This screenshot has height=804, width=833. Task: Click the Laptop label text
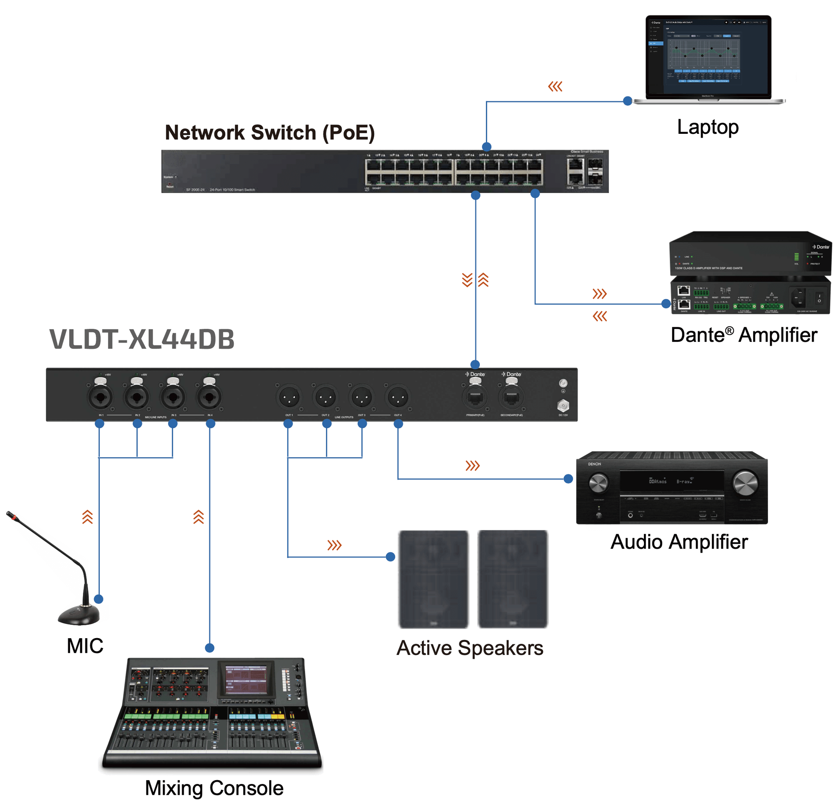click(x=708, y=127)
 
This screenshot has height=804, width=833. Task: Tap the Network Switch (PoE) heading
click(x=269, y=133)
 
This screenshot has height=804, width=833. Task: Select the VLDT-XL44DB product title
click(x=142, y=339)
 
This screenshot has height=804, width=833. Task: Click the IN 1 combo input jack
click(x=100, y=398)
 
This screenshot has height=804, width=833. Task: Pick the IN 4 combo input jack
click(x=209, y=398)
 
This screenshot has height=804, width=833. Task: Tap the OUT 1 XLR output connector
click(x=289, y=398)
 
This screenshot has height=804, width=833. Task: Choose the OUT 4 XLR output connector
click(x=398, y=398)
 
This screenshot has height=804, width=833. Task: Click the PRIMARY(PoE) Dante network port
click(x=475, y=397)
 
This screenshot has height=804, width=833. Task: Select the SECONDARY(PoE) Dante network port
click(x=512, y=397)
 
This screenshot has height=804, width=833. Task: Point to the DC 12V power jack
click(x=563, y=405)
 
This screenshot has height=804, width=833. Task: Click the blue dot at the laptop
click(x=627, y=101)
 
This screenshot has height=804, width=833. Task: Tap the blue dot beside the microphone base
click(x=99, y=599)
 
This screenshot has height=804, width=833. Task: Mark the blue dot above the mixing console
click(x=209, y=648)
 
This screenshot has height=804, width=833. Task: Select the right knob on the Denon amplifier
click(x=745, y=483)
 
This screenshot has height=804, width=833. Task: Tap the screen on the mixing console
click(x=246, y=679)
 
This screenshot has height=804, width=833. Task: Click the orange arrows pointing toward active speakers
click(x=334, y=545)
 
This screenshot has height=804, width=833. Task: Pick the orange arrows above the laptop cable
click(x=555, y=87)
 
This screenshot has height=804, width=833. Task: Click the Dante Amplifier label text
click(x=744, y=335)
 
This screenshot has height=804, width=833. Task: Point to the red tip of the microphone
click(x=14, y=517)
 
